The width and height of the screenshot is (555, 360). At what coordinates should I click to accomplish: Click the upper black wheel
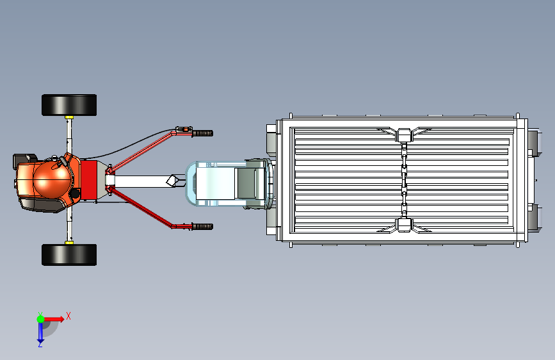tap(69, 105)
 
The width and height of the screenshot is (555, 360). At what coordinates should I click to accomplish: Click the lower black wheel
tap(69, 255)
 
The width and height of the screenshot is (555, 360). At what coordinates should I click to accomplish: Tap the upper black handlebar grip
tap(202, 133)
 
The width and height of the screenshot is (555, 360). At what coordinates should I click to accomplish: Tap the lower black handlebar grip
tap(202, 226)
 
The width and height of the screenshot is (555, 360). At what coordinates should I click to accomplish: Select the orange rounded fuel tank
tap(52, 180)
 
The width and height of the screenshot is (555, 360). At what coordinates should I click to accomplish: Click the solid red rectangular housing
tap(88, 179)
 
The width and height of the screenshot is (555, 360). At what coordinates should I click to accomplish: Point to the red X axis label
tap(68, 316)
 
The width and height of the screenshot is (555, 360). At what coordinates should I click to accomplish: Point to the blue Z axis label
tap(40, 344)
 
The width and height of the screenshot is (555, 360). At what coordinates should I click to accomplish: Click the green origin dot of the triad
tap(41, 319)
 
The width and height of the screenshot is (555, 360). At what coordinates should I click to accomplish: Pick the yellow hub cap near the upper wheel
tap(69, 117)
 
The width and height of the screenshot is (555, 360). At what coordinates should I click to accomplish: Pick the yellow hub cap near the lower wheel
tap(69, 243)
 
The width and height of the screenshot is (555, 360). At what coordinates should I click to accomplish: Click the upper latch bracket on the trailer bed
tap(404, 135)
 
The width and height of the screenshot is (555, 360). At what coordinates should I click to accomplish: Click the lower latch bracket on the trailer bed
tap(404, 225)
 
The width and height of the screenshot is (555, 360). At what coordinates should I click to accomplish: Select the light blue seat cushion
tap(215, 183)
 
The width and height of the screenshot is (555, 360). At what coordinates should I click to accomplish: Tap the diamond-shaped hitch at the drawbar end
tap(172, 181)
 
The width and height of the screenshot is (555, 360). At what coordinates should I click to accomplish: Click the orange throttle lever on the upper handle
tap(185, 129)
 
